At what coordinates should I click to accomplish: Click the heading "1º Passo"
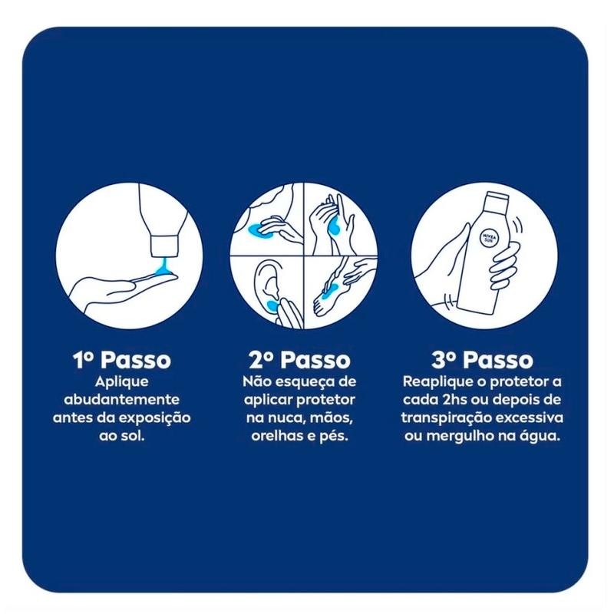coord(122,359)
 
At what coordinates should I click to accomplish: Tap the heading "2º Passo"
coord(299,359)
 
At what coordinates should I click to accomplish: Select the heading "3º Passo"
coord(483,359)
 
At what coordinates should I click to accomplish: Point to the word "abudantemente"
coord(122,400)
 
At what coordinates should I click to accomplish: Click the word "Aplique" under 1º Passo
coord(122,382)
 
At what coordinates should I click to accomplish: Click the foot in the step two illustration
coord(327,298)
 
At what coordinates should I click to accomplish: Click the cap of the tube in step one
coord(163,246)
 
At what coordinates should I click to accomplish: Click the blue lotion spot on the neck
coord(256,229)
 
